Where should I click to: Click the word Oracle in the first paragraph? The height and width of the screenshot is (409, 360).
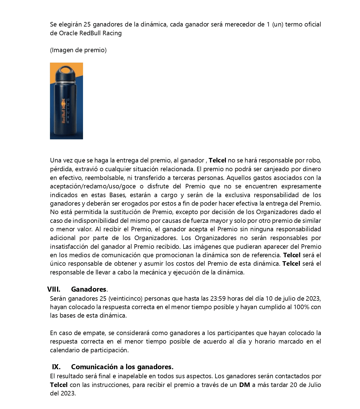(68, 33)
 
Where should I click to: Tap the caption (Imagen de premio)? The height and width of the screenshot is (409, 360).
(78, 50)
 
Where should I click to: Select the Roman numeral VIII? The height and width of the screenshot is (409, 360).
(54, 289)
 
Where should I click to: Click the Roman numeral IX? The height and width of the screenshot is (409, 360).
(56, 367)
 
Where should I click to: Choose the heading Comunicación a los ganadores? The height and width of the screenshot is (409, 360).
(122, 367)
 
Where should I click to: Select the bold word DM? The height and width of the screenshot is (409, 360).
(245, 385)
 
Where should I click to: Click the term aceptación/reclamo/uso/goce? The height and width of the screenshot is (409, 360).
(93, 186)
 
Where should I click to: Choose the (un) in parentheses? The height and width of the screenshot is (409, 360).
(278, 25)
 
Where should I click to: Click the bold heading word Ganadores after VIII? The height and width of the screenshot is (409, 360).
(89, 289)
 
